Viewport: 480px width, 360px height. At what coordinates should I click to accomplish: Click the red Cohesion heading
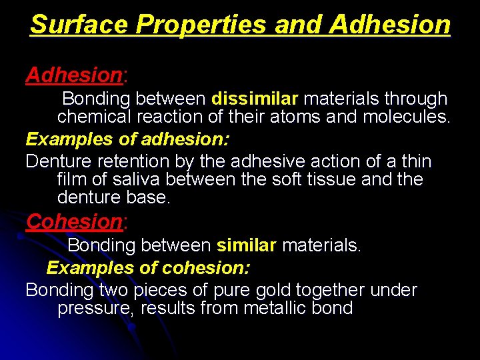(x=73, y=221)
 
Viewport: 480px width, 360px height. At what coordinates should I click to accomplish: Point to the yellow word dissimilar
(x=255, y=99)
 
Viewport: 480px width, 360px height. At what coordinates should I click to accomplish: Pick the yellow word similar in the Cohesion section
(x=246, y=245)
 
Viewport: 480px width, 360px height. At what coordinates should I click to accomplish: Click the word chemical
(x=94, y=118)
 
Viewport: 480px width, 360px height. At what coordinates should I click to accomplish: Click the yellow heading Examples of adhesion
(x=127, y=139)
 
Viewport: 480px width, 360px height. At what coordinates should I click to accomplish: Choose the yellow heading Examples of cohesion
(x=149, y=268)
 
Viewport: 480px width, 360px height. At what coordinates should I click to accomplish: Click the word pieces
(x=169, y=291)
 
